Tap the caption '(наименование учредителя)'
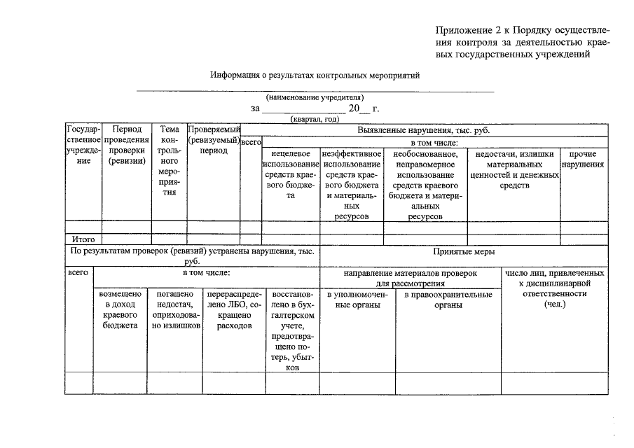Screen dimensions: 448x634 tap(315, 97)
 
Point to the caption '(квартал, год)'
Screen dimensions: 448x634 tap(315, 119)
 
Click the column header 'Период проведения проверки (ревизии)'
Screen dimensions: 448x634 tap(127, 146)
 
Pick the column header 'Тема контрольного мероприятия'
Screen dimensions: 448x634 tap(170, 161)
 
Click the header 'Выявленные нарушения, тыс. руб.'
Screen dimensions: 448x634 tap(424, 130)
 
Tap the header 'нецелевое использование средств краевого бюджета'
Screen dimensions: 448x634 tap(291, 175)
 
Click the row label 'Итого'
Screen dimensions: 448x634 tap(83, 239)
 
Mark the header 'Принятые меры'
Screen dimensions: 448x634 tap(464, 251)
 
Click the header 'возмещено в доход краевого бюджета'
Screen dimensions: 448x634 tap(120, 310)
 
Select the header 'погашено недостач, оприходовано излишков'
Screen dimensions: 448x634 tap(175, 310)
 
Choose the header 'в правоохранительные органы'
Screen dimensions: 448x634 tap(448, 300)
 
